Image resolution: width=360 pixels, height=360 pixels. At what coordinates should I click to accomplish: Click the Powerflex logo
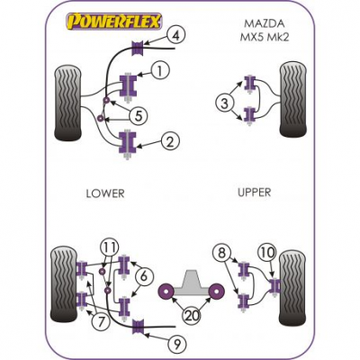click(x=114, y=22)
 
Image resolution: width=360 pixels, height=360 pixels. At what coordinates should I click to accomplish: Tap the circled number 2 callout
click(x=170, y=142)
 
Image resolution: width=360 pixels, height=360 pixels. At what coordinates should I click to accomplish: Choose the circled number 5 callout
click(x=139, y=115)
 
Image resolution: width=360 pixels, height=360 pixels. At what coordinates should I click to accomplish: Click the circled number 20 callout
click(x=192, y=316)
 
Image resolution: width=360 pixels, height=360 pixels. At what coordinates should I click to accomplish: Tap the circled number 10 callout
click(x=267, y=253)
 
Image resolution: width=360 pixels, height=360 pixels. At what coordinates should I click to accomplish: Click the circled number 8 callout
click(x=221, y=254)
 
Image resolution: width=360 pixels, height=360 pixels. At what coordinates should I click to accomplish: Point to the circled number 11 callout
click(x=109, y=247)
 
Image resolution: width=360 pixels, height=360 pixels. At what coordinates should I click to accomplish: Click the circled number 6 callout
click(x=144, y=276)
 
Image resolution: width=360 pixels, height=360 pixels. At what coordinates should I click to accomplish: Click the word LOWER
click(x=105, y=193)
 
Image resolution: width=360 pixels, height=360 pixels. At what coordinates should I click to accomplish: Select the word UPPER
click(x=255, y=193)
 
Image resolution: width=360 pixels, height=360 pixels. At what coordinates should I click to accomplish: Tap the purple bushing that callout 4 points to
click(x=138, y=48)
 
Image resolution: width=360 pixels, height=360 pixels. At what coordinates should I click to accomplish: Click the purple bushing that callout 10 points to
click(x=274, y=285)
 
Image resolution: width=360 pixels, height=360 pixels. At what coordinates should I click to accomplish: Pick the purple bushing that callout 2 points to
click(x=128, y=142)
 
